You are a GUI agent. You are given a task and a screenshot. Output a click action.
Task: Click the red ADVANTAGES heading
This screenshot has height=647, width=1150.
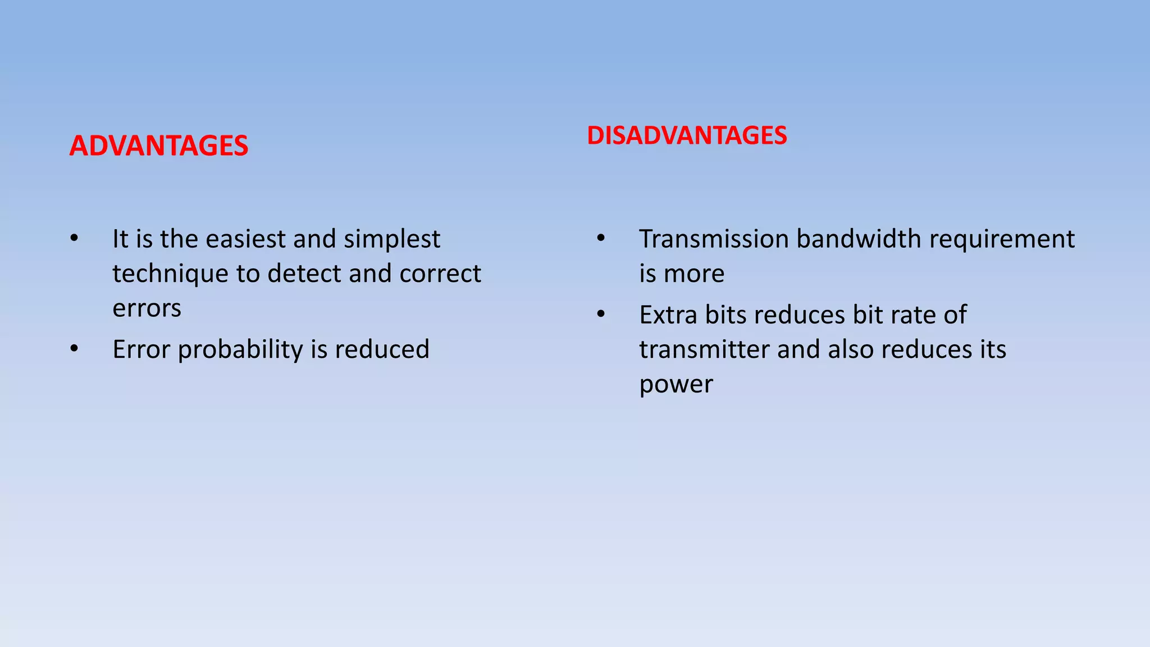pos(158,146)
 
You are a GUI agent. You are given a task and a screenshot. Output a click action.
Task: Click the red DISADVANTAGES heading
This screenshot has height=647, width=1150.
pos(687,136)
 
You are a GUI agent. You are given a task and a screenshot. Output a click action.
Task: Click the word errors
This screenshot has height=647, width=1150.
pos(147,308)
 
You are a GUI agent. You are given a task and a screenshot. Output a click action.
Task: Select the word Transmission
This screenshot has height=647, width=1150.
pos(714,239)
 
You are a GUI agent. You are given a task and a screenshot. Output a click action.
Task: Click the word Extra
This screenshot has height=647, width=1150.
pos(668,315)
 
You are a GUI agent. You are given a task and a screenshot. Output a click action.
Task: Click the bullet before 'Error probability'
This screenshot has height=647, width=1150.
pos(74,349)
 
